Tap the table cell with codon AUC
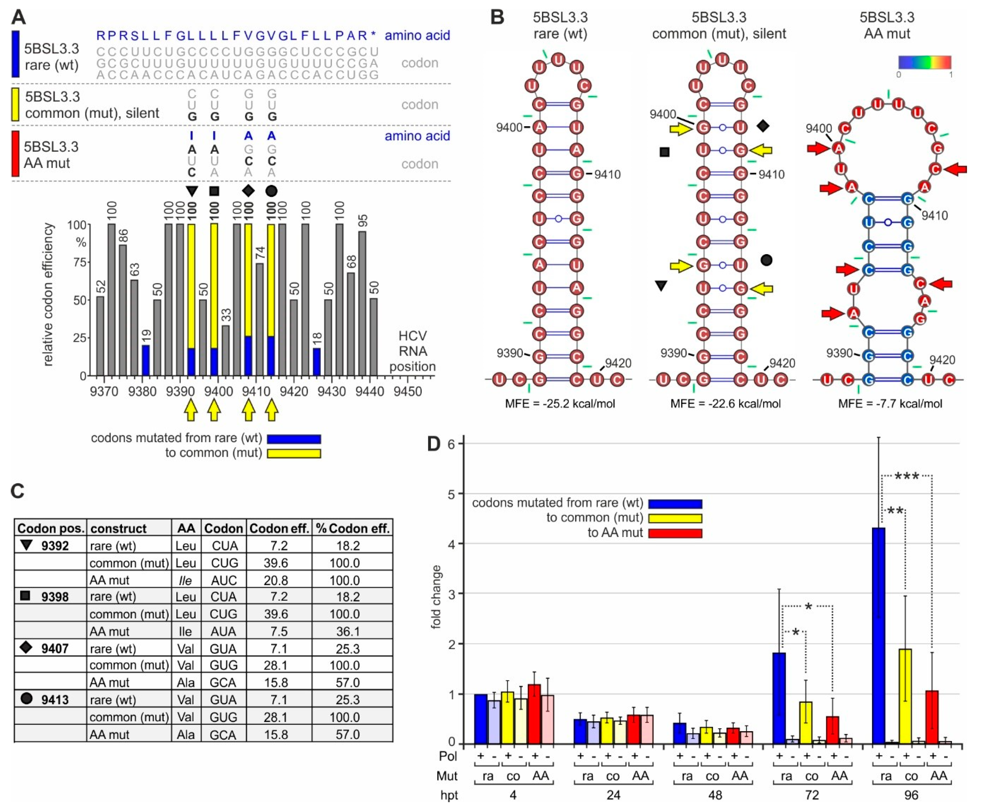(x=224, y=580)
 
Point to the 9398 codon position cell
(x=55, y=597)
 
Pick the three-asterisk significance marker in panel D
(x=906, y=476)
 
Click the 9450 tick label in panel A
(x=407, y=391)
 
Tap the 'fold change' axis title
(x=436, y=597)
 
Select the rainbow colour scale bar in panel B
(x=924, y=62)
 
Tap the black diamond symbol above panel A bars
(x=249, y=190)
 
